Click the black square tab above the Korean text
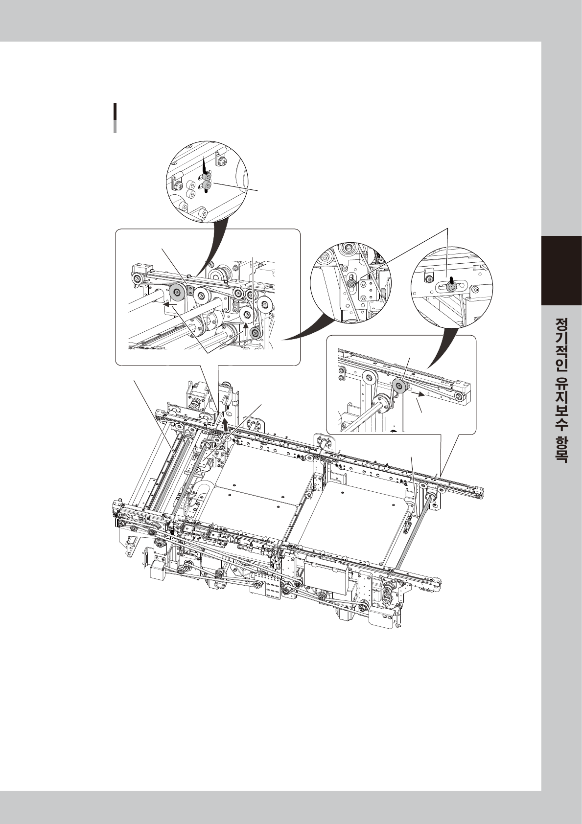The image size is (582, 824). [x=561, y=271]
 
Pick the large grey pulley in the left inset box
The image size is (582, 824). [x=175, y=293]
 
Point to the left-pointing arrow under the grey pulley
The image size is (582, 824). [x=170, y=304]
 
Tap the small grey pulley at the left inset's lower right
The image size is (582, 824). [x=255, y=333]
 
